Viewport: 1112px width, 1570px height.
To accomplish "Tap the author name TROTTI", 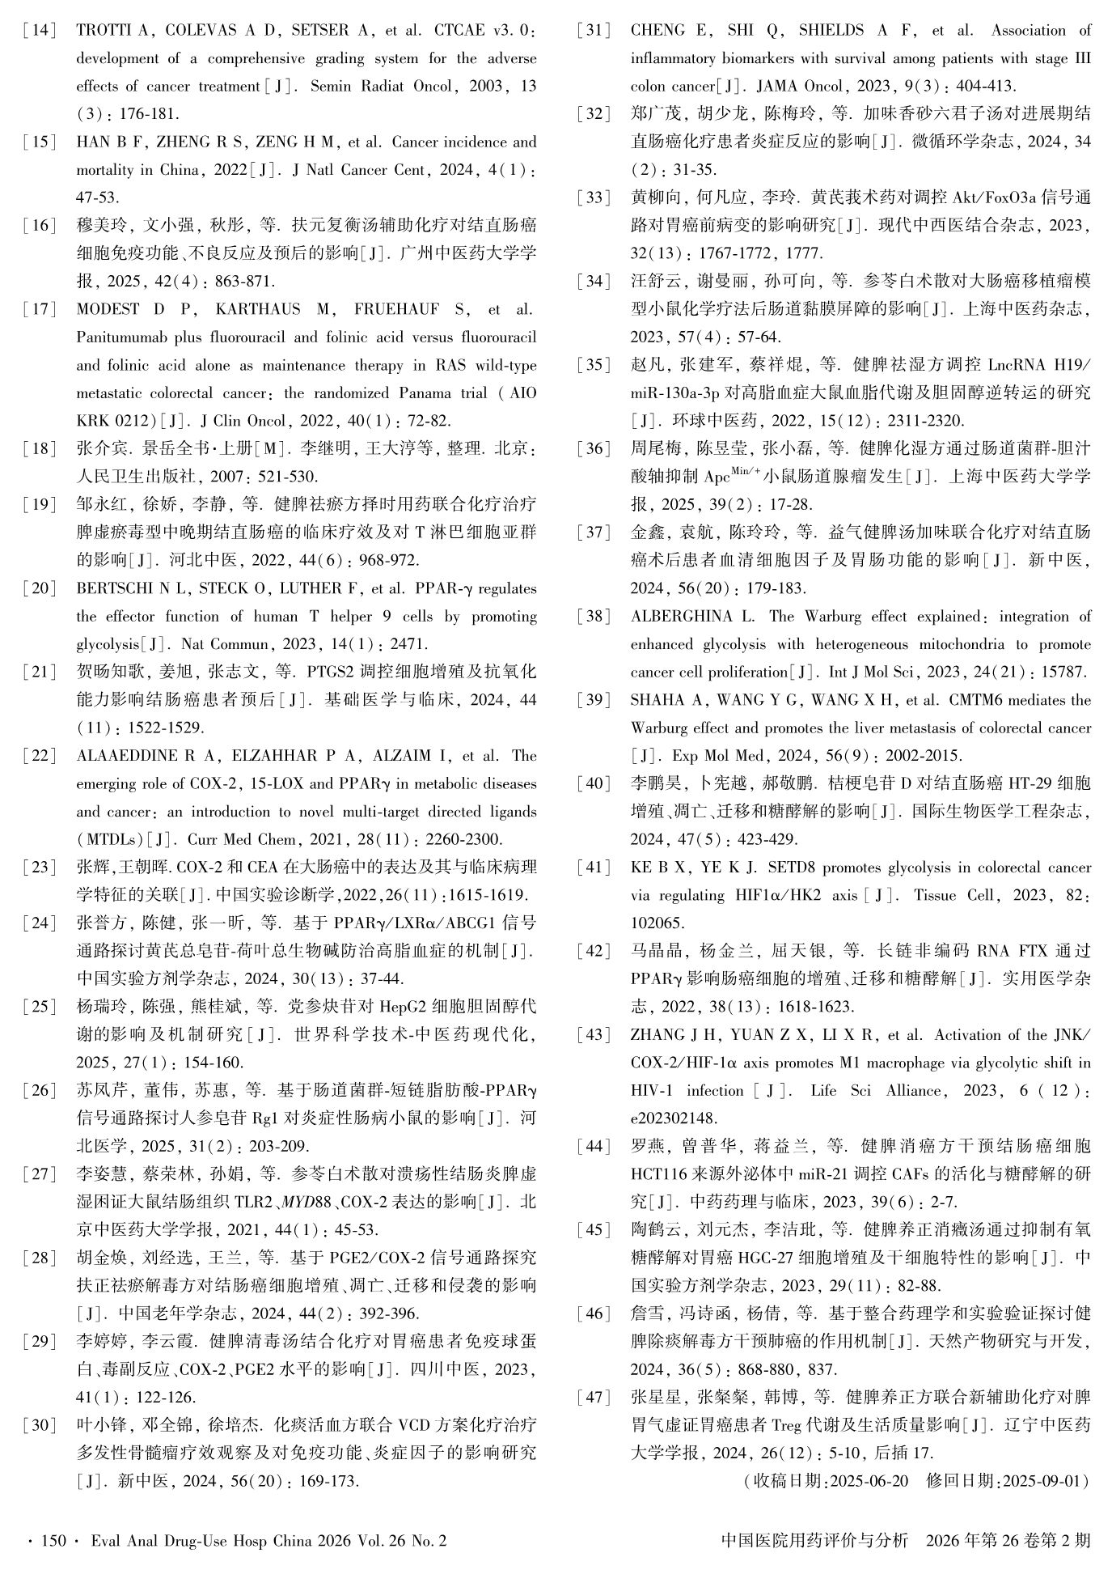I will pyautogui.click(x=103, y=31).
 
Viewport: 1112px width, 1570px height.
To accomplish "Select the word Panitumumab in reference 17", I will pyautogui.click(x=116, y=337).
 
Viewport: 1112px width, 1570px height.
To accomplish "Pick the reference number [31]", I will pyautogui.click(x=594, y=31).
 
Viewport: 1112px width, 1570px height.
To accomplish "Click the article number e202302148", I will pyautogui.click(x=674, y=1118).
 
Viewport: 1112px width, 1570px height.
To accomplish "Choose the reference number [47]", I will pyautogui.click(x=594, y=1398).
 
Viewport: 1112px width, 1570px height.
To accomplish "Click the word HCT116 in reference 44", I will pyautogui.click(x=657, y=1174).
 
